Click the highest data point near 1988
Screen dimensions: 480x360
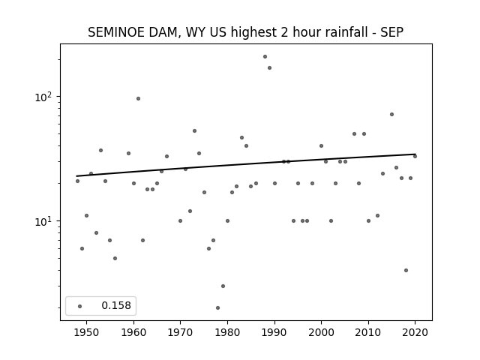pos(265,57)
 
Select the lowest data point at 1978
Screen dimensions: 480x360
pos(217,307)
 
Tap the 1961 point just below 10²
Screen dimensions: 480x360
pos(138,98)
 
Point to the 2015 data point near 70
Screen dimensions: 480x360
pos(391,115)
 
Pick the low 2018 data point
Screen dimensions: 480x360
pos(406,270)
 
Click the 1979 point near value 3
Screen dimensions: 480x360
pos(223,286)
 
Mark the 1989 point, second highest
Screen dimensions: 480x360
pos(269,68)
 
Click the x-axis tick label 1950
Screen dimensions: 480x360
pos(87,332)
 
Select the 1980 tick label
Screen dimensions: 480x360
pos(227,332)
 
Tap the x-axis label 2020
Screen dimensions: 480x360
pos(415,332)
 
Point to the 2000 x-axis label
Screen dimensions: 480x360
pos(321,332)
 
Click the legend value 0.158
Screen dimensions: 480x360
pos(116,305)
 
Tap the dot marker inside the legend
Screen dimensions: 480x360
pos(79,306)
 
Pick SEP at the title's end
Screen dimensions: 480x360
pos(391,32)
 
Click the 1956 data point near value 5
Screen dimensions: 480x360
pos(115,258)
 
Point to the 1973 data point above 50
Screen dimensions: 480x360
pos(194,131)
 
